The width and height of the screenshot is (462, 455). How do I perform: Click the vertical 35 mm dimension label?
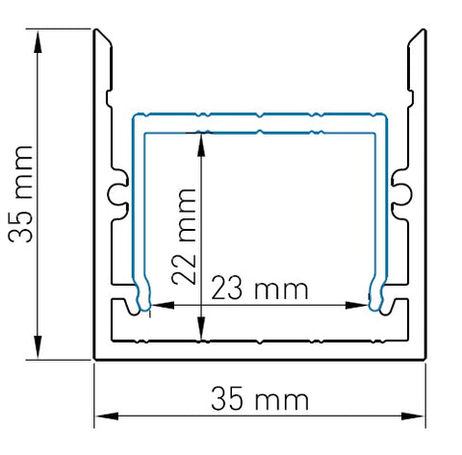(x=20, y=194)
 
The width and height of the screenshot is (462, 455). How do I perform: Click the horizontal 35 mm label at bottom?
(x=260, y=398)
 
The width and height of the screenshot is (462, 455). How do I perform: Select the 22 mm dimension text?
(x=184, y=237)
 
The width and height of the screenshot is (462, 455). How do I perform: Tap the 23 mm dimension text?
(x=260, y=288)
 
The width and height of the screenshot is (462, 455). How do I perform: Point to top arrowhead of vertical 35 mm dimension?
(x=38, y=41)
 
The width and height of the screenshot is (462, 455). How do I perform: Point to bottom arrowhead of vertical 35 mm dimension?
(x=38, y=346)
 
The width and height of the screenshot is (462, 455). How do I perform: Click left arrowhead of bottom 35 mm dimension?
(x=107, y=417)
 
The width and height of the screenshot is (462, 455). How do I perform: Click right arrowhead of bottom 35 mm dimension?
(x=413, y=417)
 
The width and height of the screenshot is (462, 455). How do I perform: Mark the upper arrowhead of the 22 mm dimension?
(x=201, y=145)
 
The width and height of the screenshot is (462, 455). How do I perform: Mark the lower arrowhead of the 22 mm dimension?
(x=201, y=328)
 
